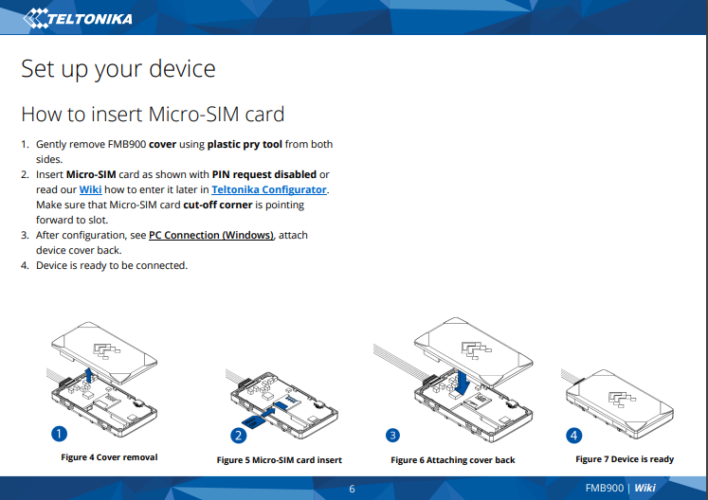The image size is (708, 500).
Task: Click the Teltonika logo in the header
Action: [77, 18]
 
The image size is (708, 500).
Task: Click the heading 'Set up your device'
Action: [118, 69]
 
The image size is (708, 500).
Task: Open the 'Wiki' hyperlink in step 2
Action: [90, 189]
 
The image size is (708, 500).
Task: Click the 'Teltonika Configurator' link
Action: [269, 189]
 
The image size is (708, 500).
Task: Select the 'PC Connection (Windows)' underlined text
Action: [211, 235]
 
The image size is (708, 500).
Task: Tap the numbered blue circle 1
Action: [59, 434]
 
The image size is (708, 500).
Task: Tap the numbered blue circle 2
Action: [239, 436]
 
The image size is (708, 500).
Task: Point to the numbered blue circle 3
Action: [392, 435]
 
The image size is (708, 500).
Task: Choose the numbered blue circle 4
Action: [574, 436]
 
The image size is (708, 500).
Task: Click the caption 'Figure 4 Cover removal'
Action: [109, 457]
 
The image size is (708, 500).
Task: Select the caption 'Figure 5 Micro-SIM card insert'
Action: [279, 460]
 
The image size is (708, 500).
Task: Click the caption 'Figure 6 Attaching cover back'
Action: [453, 460]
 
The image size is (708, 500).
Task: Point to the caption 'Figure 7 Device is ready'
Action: [625, 459]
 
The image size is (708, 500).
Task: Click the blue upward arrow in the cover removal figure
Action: [89, 375]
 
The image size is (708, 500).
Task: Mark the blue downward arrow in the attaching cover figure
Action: [463, 383]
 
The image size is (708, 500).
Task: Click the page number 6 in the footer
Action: [353, 489]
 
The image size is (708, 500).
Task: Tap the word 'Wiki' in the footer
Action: [644, 488]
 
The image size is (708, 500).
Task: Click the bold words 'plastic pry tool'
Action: [245, 144]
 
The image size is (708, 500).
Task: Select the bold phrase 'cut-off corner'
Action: [218, 205]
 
